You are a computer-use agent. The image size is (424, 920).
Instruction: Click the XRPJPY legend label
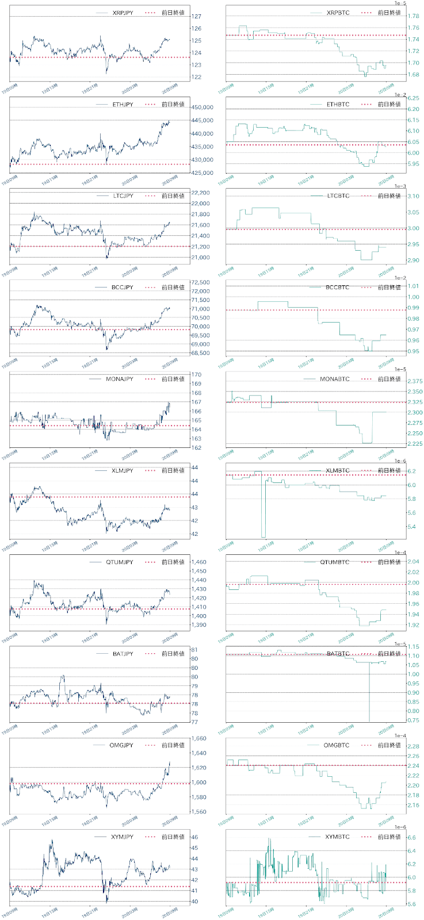[123, 13]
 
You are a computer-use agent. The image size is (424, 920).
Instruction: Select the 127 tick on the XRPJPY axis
[197, 17]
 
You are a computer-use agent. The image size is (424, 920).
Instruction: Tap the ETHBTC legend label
[338, 105]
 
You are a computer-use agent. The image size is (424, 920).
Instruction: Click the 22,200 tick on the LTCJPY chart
[200, 193]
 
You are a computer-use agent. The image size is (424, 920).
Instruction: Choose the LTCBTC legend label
[338, 196]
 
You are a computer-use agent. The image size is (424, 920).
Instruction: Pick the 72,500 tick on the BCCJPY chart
[200, 282]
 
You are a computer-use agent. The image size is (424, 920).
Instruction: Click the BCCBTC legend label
[338, 287]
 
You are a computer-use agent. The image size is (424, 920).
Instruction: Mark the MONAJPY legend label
[120, 379]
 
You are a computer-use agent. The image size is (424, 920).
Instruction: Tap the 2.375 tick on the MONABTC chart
[415, 381]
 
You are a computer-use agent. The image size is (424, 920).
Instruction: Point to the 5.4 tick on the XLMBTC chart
[411, 527]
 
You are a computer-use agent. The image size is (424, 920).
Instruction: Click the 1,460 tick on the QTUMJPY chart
[198, 562]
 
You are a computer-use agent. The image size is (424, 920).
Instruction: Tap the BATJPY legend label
[123, 654]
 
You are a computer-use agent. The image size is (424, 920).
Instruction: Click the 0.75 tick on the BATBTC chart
[413, 720]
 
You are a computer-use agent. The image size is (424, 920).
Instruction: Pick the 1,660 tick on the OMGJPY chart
[198, 739]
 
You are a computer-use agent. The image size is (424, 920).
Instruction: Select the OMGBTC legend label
[337, 745]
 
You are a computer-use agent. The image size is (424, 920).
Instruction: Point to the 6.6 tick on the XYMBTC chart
[411, 838]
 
